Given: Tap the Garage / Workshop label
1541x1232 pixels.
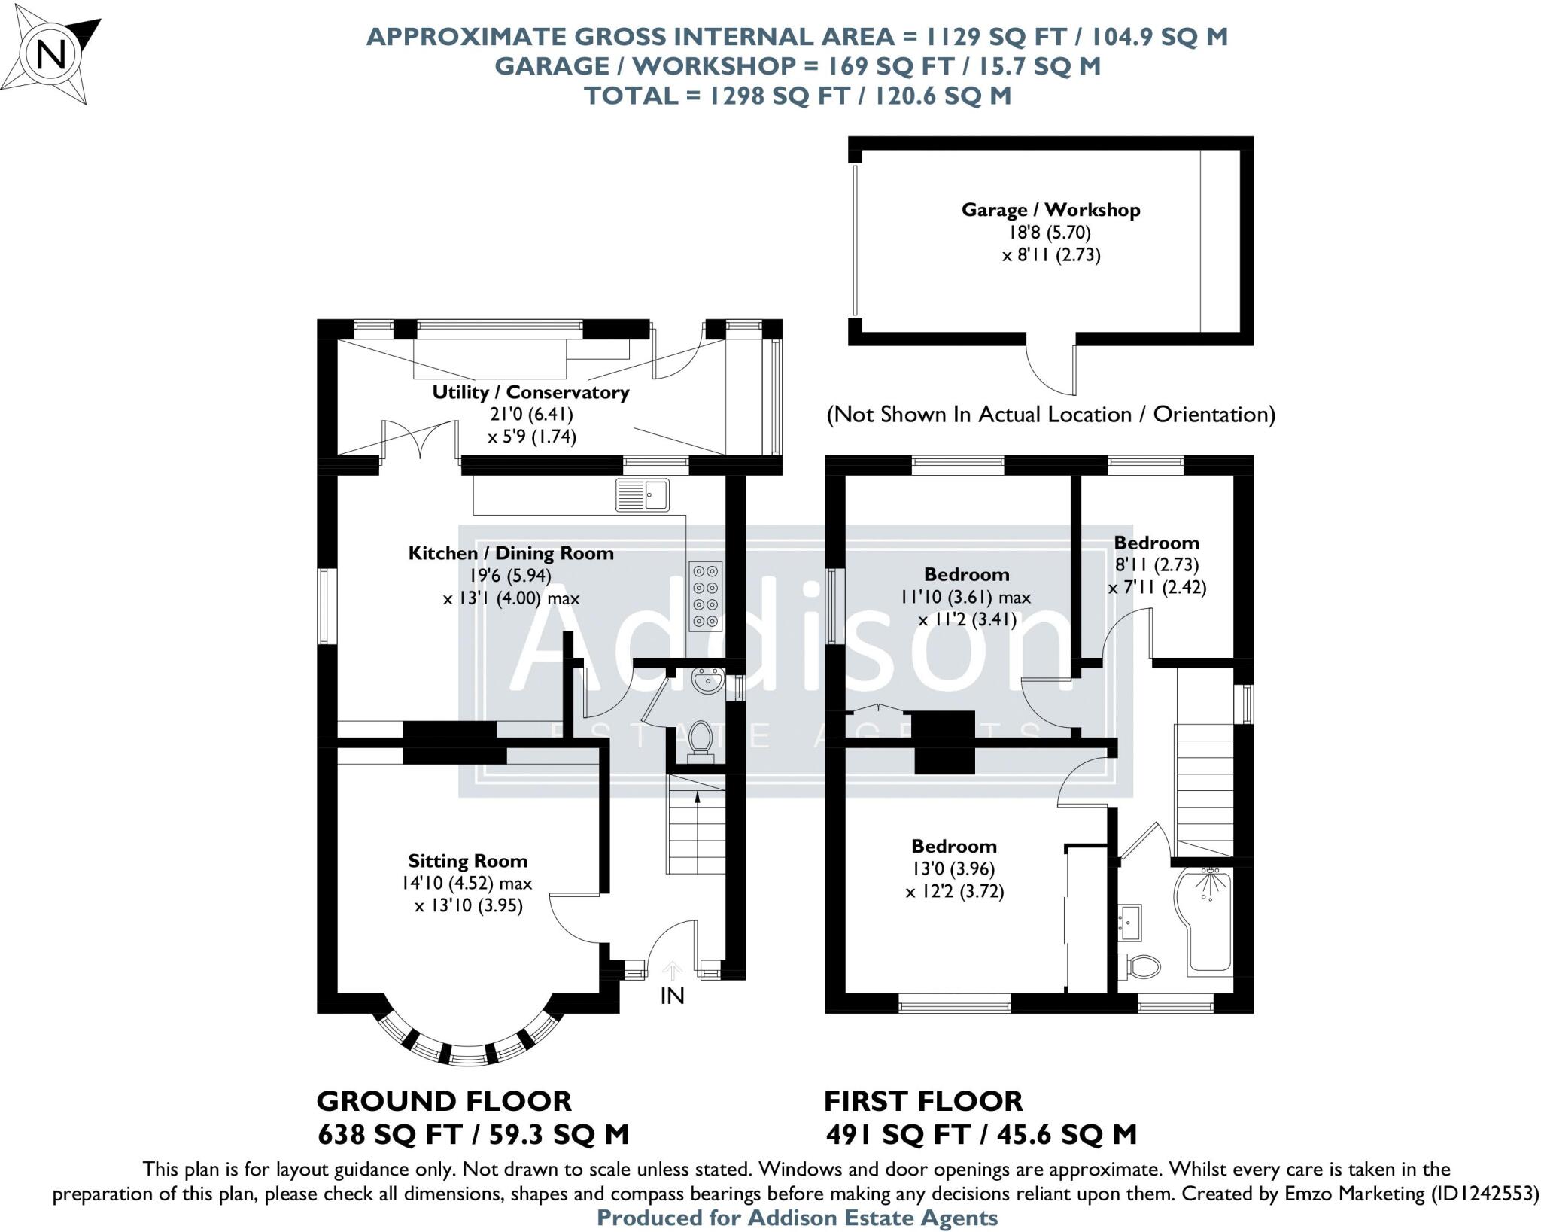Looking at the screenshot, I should tap(1050, 210).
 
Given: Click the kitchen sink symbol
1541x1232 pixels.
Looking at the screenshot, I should tap(642, 494).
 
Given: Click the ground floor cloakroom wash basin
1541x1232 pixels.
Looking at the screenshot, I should tap(707, 681).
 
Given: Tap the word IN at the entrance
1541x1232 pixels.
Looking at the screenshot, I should tap(672, 996).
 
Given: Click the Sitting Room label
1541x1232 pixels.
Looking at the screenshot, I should tap(467, 861).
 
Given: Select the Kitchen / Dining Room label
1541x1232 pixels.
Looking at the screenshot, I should tap(510, 553).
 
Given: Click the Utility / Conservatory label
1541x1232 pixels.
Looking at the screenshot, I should tap(530, 392).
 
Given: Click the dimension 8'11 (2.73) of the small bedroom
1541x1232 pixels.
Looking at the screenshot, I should tap(1156, 564).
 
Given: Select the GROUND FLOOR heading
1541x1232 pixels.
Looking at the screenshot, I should tap(444, 1101).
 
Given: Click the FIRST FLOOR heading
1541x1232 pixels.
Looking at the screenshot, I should tap(923, 1101).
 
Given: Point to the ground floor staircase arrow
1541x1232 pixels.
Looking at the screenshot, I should tap(698, 799).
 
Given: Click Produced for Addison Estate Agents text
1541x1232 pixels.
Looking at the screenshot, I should tap(797, 1218).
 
